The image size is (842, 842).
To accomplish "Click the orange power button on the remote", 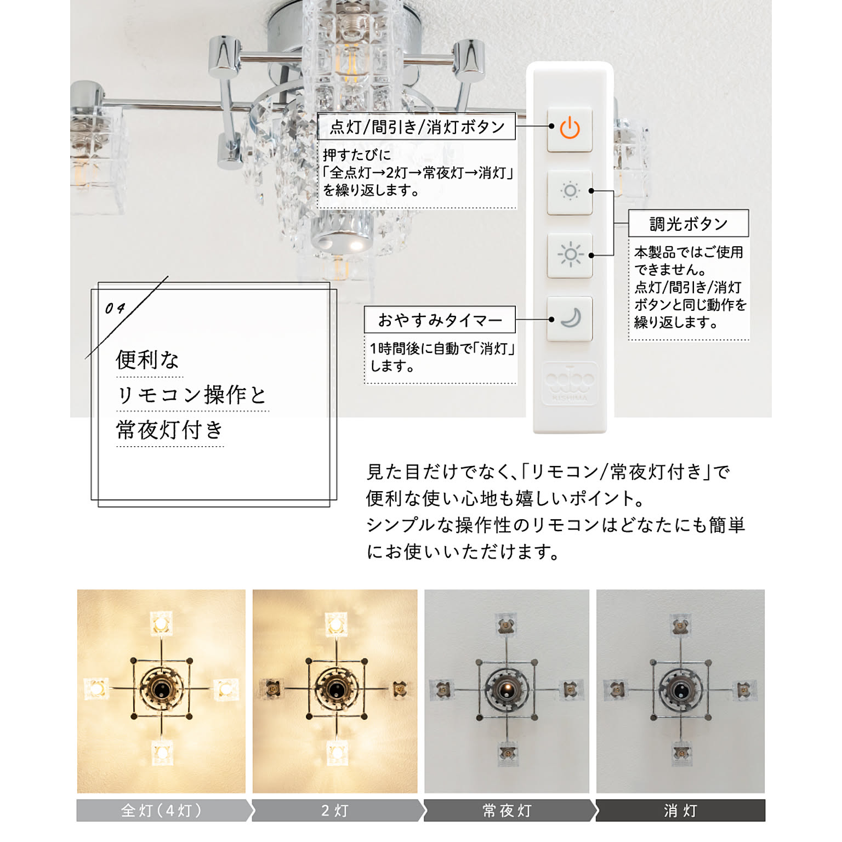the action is point(570,129).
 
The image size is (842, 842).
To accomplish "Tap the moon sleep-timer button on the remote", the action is point(570,318).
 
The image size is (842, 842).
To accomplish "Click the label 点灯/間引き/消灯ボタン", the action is point(417,127).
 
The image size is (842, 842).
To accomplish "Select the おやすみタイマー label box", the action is point(440,320).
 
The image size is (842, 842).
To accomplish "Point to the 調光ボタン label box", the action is point(689,223).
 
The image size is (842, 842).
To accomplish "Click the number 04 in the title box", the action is point(115,308).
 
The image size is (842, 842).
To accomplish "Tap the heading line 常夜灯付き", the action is point(169,430).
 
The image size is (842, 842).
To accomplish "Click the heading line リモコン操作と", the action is point(192,395).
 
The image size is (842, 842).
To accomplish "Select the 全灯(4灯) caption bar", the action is point(164,810).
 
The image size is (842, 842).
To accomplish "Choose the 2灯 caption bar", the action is point(337,810).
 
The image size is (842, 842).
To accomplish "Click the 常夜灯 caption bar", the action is point(509,810).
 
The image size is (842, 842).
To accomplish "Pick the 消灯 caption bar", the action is point(680,810).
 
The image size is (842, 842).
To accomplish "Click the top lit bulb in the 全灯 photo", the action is point(161,624).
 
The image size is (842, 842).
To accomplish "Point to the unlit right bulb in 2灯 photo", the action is point(401,689).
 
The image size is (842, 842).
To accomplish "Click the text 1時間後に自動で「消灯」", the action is point(442,349).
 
